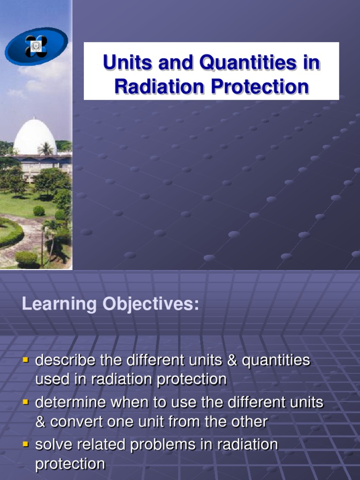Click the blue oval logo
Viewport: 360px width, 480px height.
pos(36,46)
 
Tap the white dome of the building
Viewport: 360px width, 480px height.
pos(35,137)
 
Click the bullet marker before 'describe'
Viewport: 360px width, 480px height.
pos(26,360)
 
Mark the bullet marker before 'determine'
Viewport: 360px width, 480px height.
pos(26,402)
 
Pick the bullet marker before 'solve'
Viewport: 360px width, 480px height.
pos(26,444)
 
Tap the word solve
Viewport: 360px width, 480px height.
pos(52,445)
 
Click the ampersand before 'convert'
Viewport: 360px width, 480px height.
pos(41,422)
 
